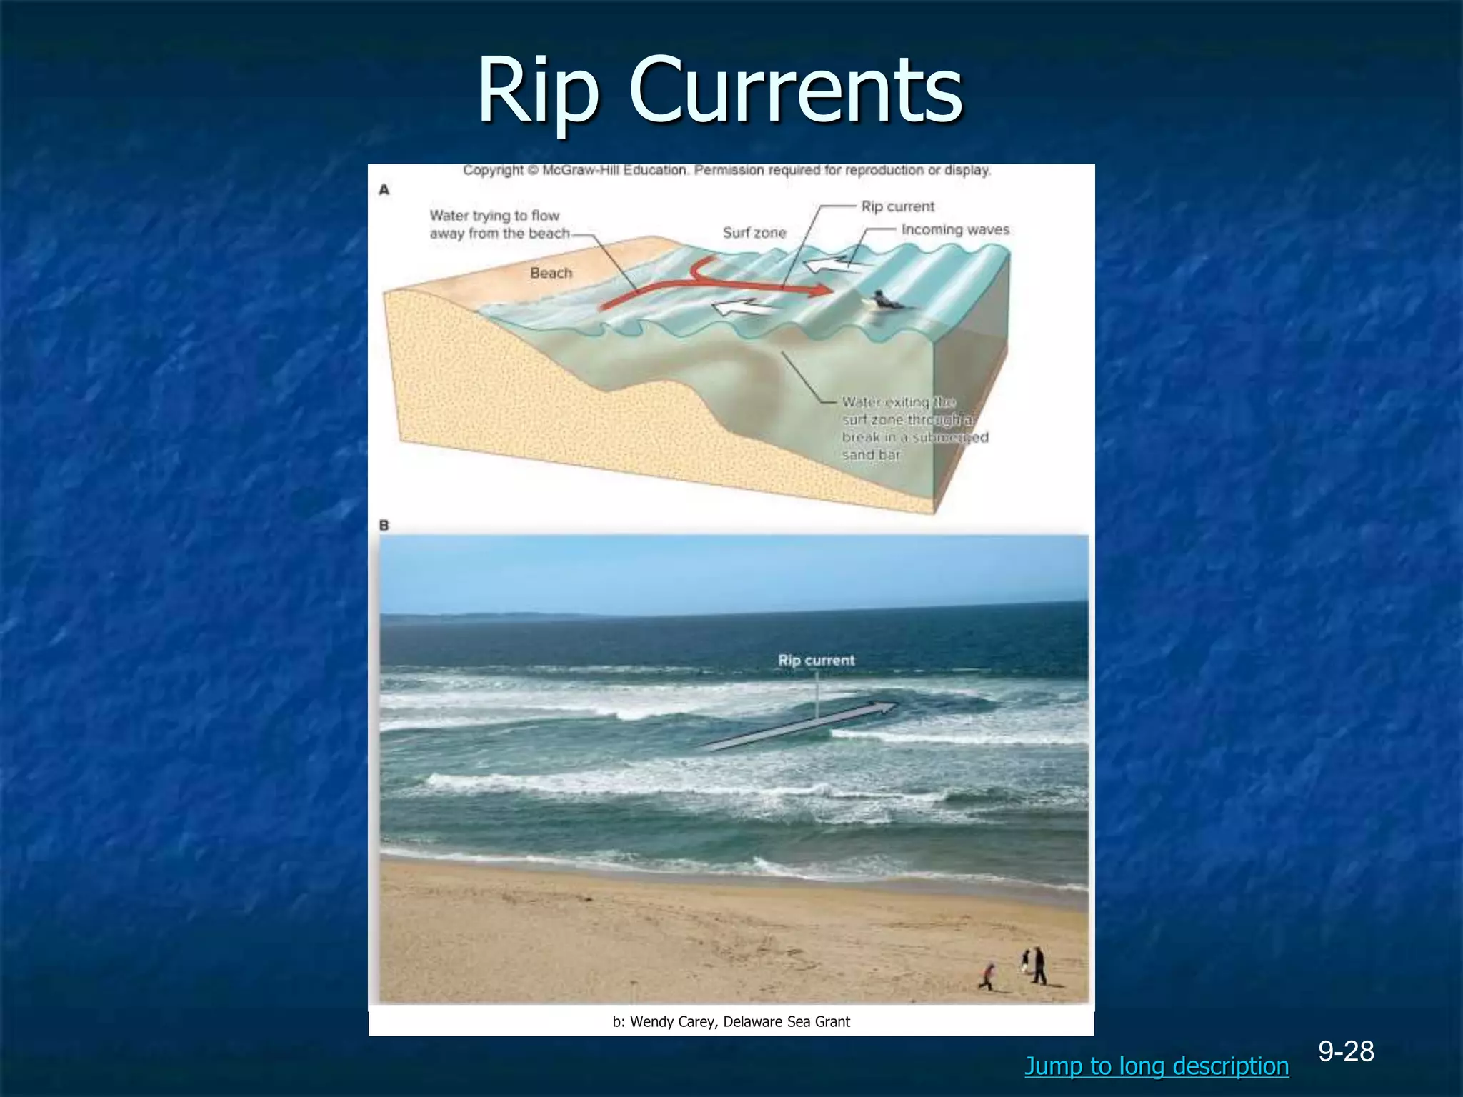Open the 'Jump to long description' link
tap(1156, 1066)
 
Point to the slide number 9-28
tap(1346, 1051)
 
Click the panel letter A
tap(384, 190)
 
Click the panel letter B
tap(384, 526)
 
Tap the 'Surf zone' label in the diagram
tap(754, 233)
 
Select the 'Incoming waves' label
tap(955, 230)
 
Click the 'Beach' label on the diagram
tap(551, 273)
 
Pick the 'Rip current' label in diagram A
tap(897, 206)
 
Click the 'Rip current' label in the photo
tap(816, 661)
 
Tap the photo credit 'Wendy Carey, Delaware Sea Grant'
tap(731, 1022)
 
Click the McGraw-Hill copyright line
tap(726, 171)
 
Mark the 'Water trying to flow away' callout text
tap(499, 224)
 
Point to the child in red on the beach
tap(989, 976)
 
